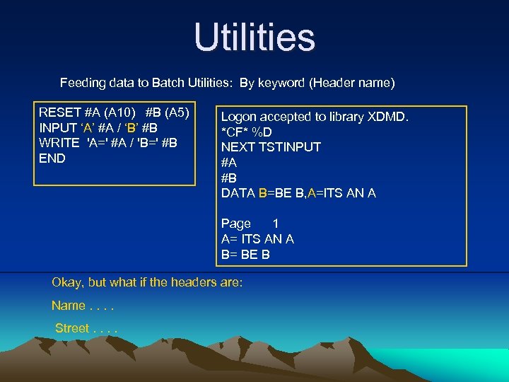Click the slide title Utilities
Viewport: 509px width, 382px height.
(254, 37)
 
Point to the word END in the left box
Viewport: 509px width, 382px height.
(52, 158)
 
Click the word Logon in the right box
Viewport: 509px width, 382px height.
(239, 117)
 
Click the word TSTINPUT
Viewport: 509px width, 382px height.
(290, 147)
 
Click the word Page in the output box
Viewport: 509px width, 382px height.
(236, 224)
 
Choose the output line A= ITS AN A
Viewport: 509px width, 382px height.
(257, 239)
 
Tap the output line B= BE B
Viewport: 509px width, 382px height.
(245, 255)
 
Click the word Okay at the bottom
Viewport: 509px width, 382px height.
(67, 282)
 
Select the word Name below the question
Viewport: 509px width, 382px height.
(67, 306)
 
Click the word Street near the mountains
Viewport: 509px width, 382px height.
(72, 328)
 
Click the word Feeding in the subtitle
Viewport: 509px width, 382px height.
(82, 83)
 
